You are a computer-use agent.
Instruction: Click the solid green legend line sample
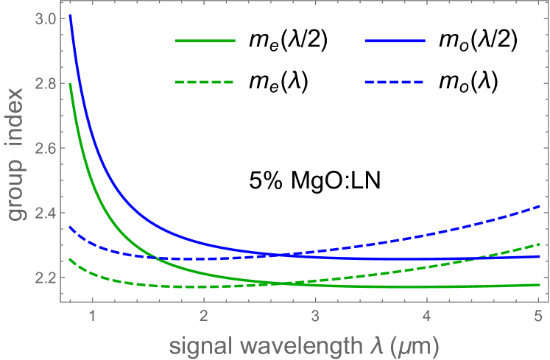[205, 41]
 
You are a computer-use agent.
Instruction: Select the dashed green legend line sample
[205, 82]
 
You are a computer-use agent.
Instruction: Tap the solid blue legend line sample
[395, 41]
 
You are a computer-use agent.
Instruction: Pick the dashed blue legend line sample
[395, 82]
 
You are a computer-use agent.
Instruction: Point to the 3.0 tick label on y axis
[46, 19]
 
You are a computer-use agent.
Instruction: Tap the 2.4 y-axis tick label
[46, 213]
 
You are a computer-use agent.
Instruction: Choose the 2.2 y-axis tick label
[46, 278]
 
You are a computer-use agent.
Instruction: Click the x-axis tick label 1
[93, 317]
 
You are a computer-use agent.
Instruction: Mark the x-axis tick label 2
[204, 317]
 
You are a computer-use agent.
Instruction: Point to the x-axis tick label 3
[315, 317]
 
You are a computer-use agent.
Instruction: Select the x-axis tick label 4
[427, 317]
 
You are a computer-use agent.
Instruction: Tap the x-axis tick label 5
[538, 317]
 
